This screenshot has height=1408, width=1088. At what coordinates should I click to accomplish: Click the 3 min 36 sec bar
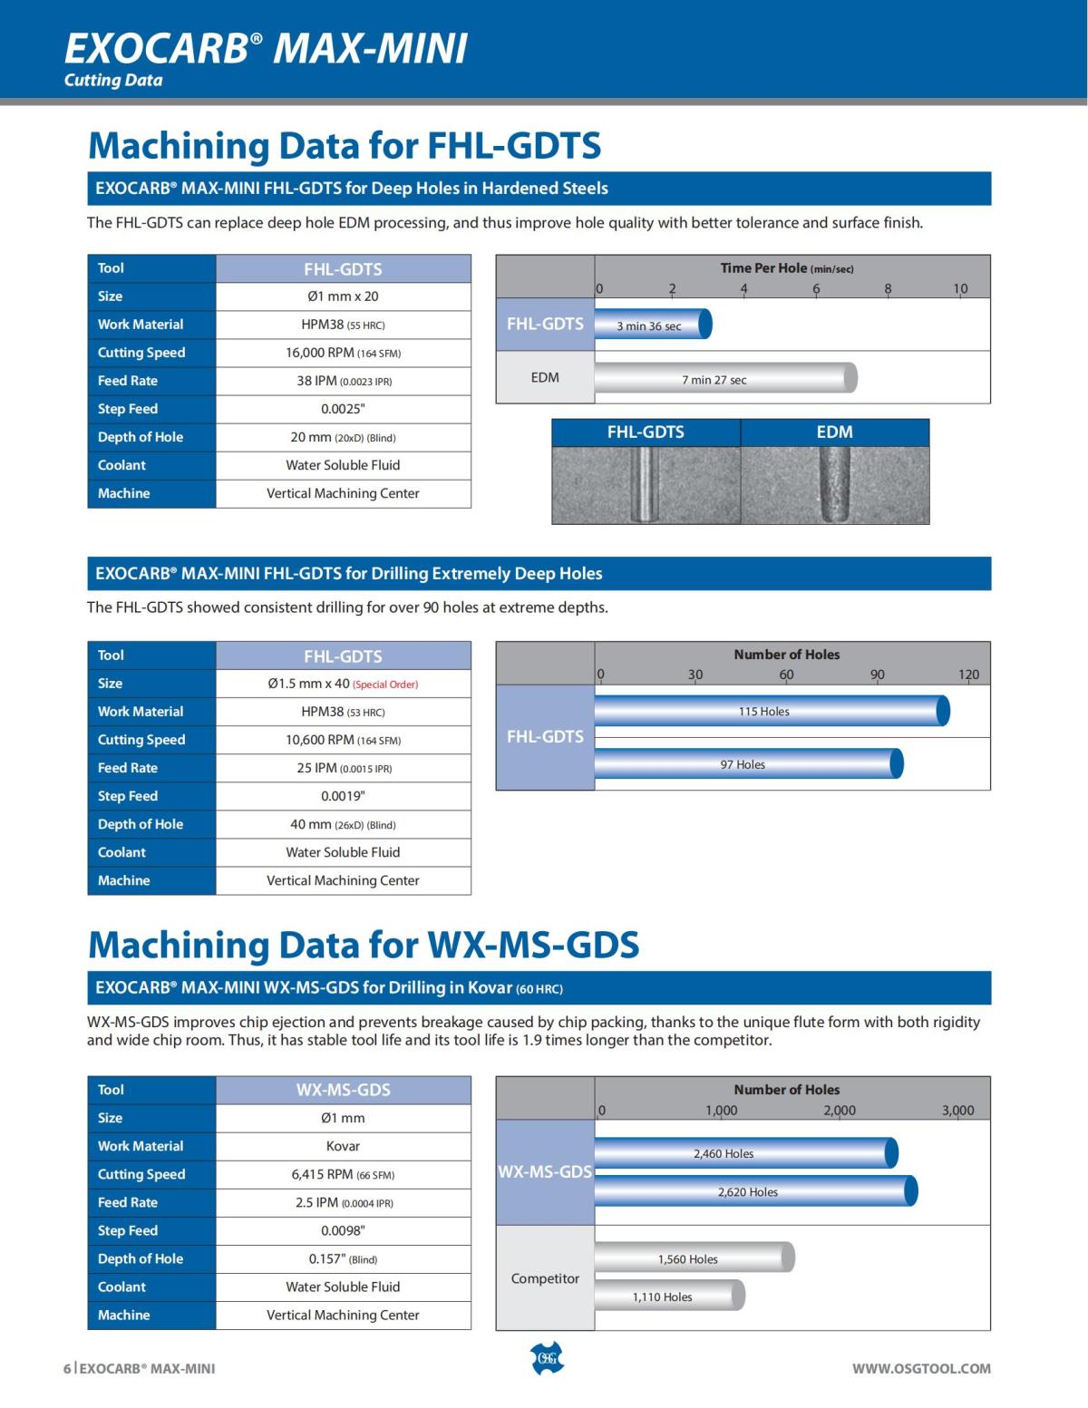point(652,325)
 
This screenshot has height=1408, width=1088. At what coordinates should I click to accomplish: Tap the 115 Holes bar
point(771,711)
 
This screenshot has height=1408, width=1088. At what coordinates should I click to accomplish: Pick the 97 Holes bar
point(747,764)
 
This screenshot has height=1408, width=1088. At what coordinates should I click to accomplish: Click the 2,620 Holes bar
point(754,1191)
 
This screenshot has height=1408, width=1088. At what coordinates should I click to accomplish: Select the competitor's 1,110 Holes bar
point(669,1296)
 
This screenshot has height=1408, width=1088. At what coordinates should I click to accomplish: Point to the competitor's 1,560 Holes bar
point(694,1258)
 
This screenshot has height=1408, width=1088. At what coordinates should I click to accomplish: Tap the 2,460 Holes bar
point(744,1153)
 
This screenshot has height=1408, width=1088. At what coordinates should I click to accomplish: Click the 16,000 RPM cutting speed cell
point(343,353)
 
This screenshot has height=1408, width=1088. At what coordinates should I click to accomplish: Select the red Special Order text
point(385,685)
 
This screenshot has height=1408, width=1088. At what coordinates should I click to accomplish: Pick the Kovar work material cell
point(343,1146)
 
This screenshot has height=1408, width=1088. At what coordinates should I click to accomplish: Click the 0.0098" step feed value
point(343,1230)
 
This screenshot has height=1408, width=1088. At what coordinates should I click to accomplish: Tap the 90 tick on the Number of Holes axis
point(877,675)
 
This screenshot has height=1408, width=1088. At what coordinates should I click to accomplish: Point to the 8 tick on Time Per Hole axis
point(888,289)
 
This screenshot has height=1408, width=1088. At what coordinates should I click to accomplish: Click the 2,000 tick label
point(840,1110)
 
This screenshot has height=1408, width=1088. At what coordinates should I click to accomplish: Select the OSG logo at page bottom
point(546,1359)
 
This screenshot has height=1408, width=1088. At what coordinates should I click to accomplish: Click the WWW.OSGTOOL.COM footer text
point(921,1368)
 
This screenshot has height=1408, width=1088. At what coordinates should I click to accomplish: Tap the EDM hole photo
point(835,484)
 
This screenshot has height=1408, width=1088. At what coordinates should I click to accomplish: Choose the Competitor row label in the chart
point(545,1278)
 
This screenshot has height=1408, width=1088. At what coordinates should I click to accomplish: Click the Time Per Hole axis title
point(787,268)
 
